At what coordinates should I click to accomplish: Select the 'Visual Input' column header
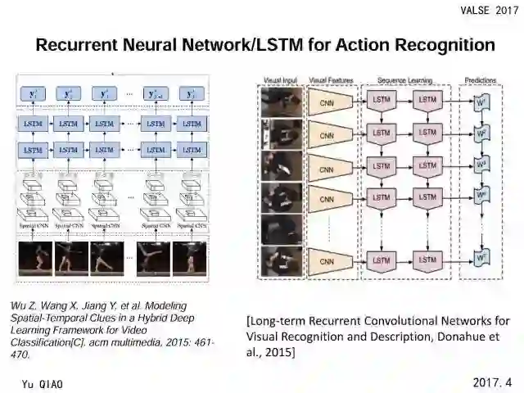coord(281,79)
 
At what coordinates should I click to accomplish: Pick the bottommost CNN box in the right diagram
coord(327,262)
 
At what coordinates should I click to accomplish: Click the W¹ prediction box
coord(482,102)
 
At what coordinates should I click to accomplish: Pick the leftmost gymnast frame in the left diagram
coord(35,258)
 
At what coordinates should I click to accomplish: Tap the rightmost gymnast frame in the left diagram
coord(189,258)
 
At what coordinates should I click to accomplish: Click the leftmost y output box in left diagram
coord(34,94)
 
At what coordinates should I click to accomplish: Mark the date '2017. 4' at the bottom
coord(492,382)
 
